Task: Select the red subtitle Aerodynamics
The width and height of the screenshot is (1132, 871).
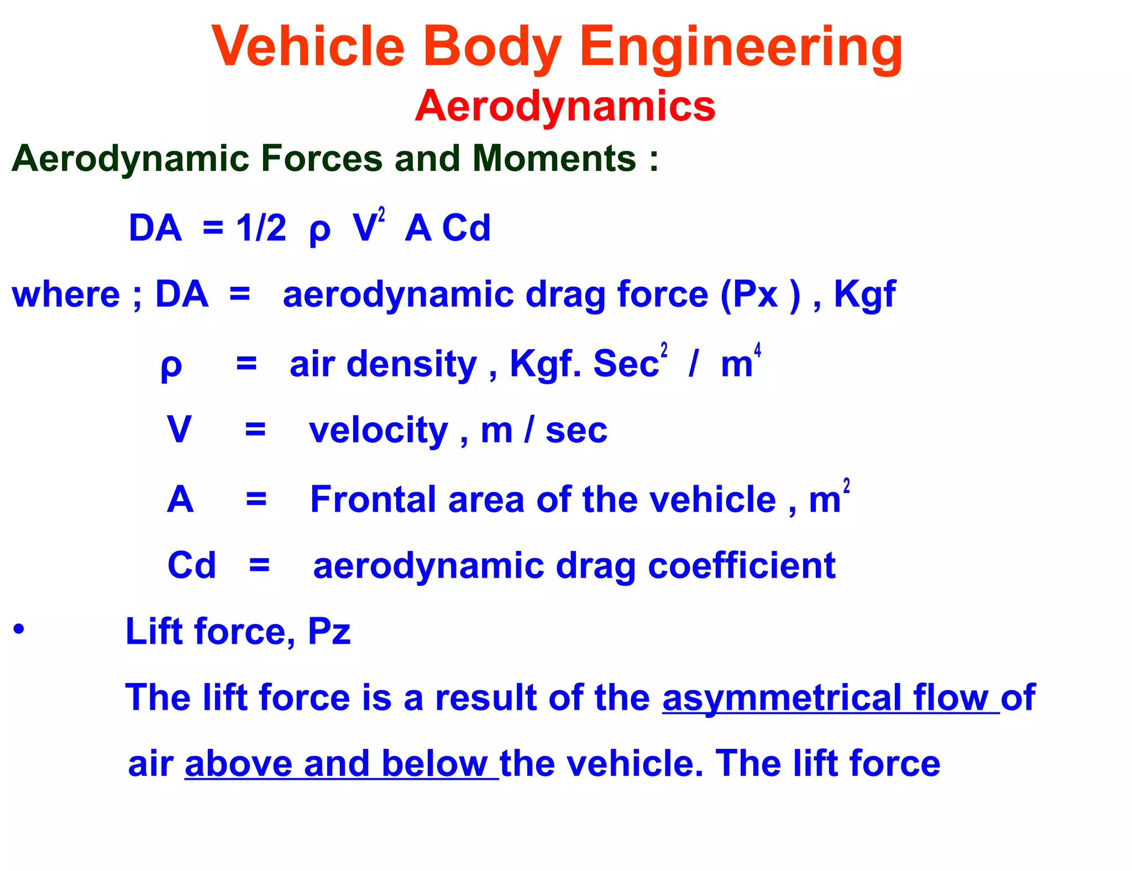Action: click(x=565, y=106)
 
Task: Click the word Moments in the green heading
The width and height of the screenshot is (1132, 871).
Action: click(x=554, y=159)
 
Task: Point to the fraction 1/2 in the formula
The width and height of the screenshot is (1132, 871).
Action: click(x=261, y=228)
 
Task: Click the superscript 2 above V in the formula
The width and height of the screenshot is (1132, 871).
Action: click(x=381, y=214)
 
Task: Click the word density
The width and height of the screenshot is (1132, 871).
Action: click(x=411, y=364)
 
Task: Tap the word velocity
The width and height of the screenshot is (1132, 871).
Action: click(x=378, y=431)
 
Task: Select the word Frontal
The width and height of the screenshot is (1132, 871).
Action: click(x=373, y=500)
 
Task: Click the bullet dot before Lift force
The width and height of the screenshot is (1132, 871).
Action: click(x=19, y=629)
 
